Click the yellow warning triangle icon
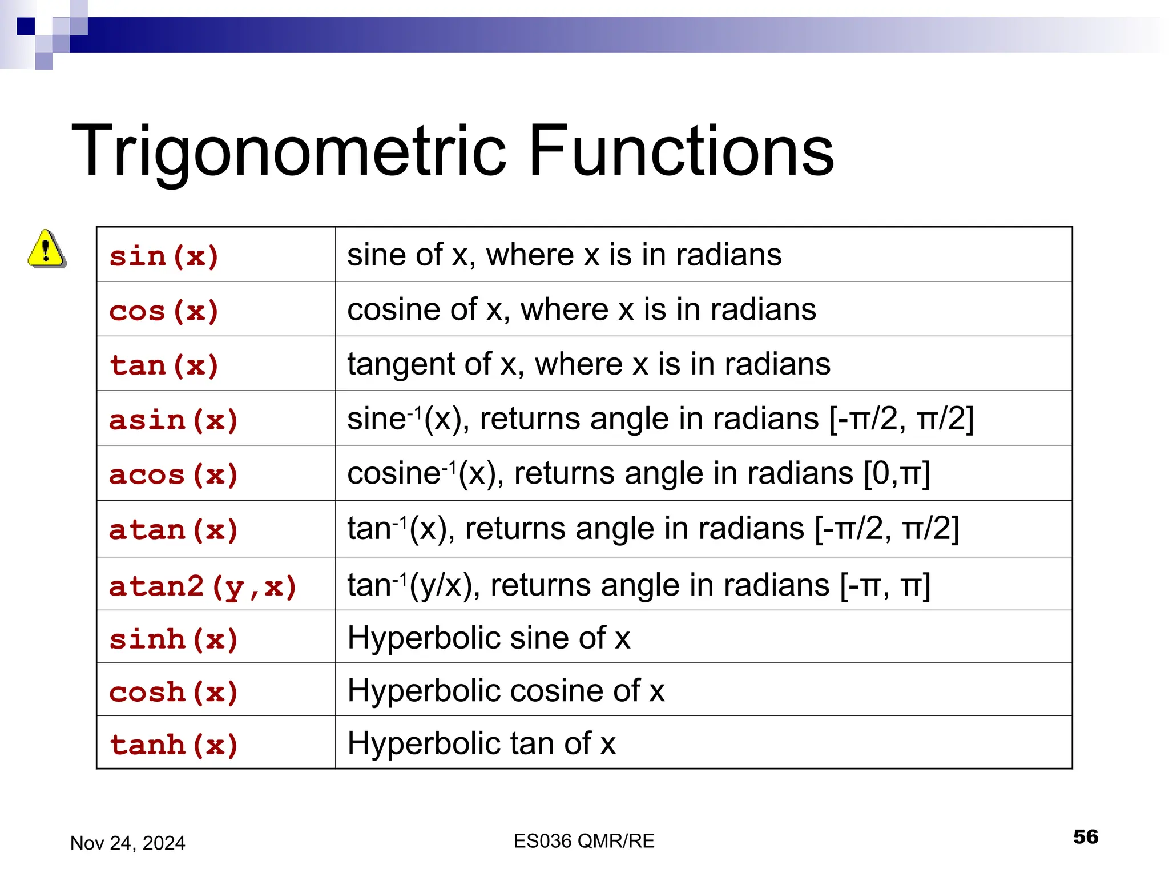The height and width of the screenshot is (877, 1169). point(47,249)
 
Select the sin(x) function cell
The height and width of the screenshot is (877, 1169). point(164,256)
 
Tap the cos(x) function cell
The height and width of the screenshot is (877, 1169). point(164,311)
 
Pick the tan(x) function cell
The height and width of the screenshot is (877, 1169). point(164,365)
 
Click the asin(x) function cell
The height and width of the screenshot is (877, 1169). point(174,420)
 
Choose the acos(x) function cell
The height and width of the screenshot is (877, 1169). point(174,474)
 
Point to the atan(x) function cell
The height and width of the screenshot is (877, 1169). point(174,529)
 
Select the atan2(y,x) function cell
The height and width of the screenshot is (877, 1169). point(203,586)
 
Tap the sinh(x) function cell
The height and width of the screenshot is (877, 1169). point(174,638)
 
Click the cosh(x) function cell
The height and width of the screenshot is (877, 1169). point(174,691)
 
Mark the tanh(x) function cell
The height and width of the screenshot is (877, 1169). point(174,744)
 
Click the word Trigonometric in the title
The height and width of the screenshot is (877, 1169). point(288,151)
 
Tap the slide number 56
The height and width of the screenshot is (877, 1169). point(1085,836)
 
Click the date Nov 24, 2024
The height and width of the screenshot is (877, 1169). point(127,843)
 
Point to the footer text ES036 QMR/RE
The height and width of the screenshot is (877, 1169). point(584,841)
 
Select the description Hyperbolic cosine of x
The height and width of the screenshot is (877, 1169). point(506,690)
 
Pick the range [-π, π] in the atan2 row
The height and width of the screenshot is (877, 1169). point(885,585)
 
